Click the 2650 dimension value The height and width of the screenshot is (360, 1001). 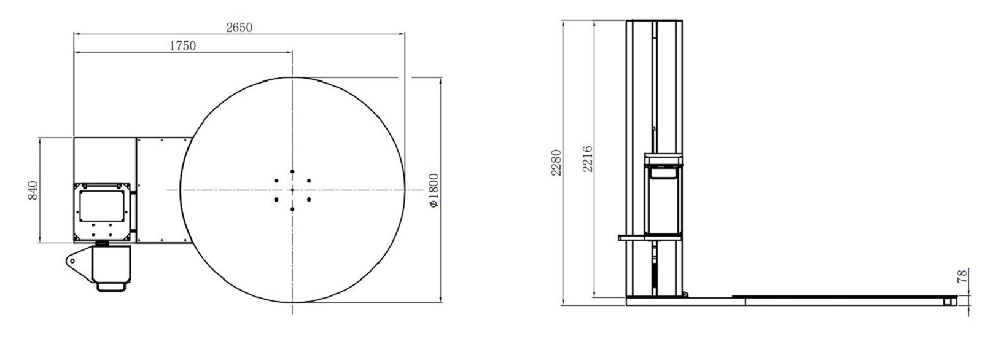(239, 27)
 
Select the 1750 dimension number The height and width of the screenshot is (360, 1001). (183, 45)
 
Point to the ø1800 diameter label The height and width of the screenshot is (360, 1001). (434, 190)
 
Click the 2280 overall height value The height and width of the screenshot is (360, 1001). (555, 162)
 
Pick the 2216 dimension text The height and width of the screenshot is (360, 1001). (586, 158)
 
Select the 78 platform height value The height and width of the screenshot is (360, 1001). (963, 276)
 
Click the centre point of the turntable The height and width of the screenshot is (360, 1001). (292, 190)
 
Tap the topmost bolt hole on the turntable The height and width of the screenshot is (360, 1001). (292, 172)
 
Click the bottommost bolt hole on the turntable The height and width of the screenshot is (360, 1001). (292, 209)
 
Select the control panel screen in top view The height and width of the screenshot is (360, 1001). (103, 204)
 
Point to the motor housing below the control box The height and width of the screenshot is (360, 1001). (111, 263)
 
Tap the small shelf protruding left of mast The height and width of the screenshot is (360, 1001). (631, 237)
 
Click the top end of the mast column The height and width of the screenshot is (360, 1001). (654, 22)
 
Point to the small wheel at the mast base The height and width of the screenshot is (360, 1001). (686, 295)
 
